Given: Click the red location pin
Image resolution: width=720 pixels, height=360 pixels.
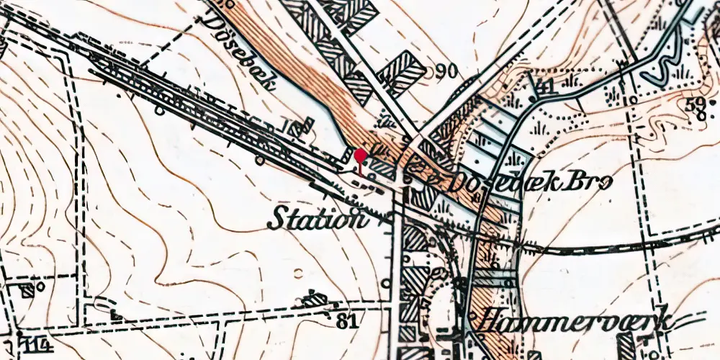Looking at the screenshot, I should point(360,156).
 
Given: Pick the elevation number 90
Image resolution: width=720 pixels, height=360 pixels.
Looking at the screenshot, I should point(447,71).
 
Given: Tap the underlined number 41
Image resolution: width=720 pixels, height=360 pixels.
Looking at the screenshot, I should point(546,88).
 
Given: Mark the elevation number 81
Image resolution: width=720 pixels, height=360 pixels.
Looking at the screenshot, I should point(347,320).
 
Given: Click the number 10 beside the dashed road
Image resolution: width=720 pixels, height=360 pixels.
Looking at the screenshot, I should point(631,99).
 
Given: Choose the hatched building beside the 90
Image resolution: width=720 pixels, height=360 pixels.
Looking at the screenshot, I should point(401,72).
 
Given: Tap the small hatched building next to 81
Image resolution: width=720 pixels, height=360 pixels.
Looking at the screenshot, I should point(312,298).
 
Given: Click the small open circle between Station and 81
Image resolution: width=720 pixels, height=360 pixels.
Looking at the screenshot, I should point(299,272).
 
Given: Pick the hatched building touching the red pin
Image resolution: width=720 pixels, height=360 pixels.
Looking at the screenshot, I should point(381,170).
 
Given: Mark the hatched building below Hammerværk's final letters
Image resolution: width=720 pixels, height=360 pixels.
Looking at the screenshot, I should point(627,347).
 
